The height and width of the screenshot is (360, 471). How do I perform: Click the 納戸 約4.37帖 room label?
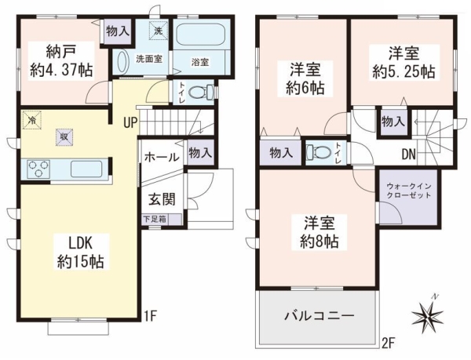(61, 61)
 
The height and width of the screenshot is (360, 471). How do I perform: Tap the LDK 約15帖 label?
(81, 253)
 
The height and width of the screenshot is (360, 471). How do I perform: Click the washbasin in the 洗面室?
(122, 61)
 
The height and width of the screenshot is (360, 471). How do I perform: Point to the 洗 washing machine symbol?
(158, 31)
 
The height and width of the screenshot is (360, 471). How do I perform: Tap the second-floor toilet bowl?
(316, 152)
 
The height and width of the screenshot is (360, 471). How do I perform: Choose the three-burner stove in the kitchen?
(38, 169)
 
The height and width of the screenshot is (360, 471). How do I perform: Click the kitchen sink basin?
(86, 169)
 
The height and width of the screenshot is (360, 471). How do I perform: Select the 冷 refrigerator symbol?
(31, 120)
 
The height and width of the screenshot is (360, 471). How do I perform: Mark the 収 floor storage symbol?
(64, 137)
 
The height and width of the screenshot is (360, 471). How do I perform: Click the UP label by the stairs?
(130, 122)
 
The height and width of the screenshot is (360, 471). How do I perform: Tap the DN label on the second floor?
(409, 155)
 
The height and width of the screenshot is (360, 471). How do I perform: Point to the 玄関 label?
(162, 199)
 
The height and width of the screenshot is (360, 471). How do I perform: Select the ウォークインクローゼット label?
(409, 191)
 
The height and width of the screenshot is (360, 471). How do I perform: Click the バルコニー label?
(319, 316)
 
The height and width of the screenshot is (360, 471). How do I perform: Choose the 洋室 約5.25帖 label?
(403, 63)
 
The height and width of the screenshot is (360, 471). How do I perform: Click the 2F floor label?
(388, 343)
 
